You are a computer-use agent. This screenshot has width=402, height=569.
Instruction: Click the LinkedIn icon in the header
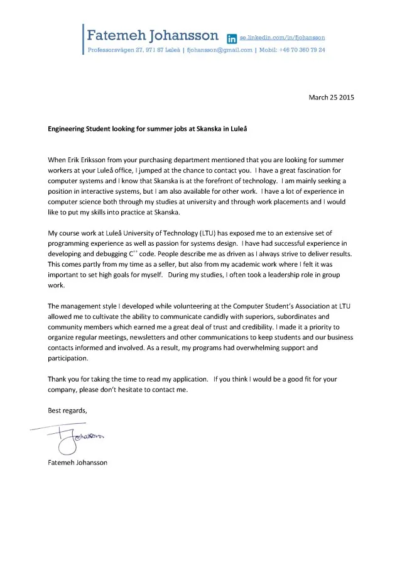(231, 39)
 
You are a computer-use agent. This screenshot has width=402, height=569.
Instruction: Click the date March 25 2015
(331, 97)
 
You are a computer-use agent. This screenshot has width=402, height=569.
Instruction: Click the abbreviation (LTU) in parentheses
(209, 233)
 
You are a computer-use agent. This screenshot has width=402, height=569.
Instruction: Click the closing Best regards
(68, 410)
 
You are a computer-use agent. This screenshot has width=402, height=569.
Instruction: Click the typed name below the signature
(78, 462)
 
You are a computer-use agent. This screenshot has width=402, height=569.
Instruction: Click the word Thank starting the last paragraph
(58, 379)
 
